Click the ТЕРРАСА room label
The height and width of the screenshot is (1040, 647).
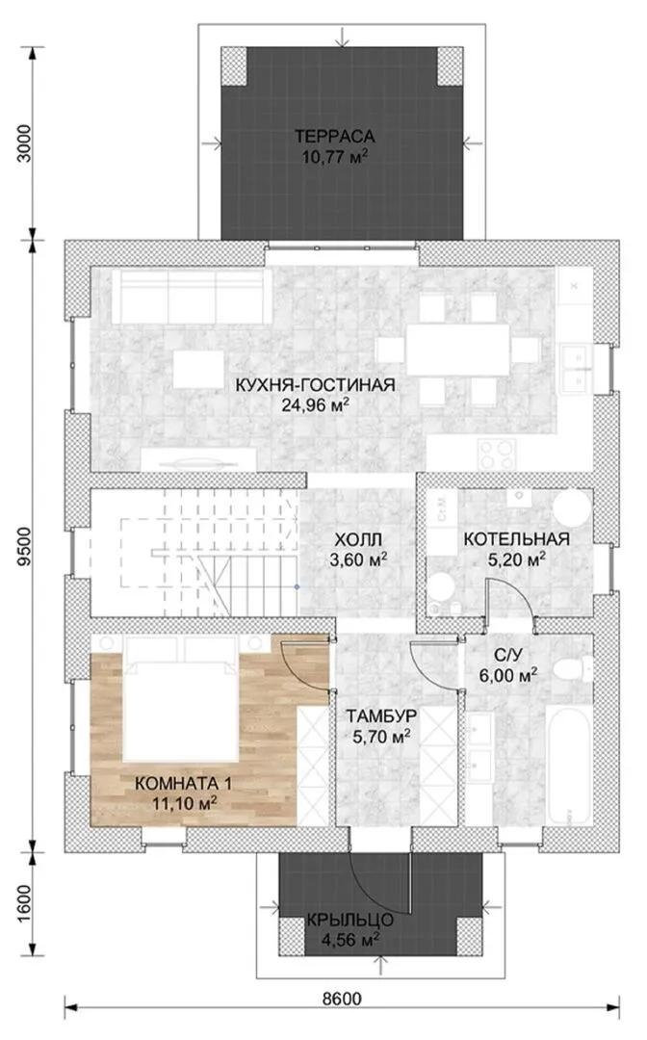point(335,137)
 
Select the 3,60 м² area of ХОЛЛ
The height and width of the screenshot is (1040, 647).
point(358,559)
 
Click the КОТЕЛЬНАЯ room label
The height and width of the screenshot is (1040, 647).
point(516,538)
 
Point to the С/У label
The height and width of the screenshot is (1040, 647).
point(508,656)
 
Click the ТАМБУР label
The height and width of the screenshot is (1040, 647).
point(380,716)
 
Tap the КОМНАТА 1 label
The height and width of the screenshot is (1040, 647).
point(183,783)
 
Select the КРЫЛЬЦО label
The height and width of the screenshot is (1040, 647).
point(350,920)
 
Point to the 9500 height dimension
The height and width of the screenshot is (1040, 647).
point(24,546)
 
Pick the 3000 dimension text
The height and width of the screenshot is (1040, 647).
point(24,143)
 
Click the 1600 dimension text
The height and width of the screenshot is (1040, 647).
point(24,902)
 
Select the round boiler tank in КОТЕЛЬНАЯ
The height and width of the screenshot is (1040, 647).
point(572,508)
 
